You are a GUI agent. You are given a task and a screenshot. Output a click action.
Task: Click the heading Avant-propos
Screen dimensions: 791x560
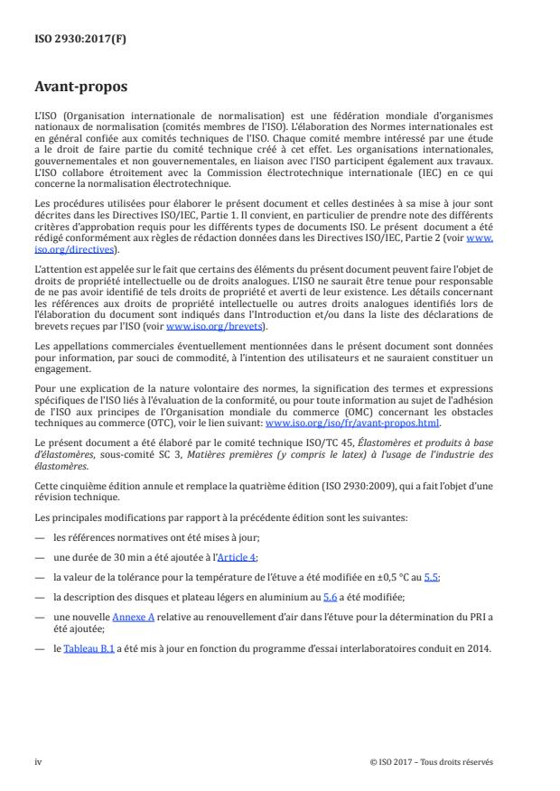[x=79, y=88]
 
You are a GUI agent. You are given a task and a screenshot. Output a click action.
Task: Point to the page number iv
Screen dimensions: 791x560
[x=38, y=761]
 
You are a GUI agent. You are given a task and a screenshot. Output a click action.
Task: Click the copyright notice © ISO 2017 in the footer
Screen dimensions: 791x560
[x=398, y=761]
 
